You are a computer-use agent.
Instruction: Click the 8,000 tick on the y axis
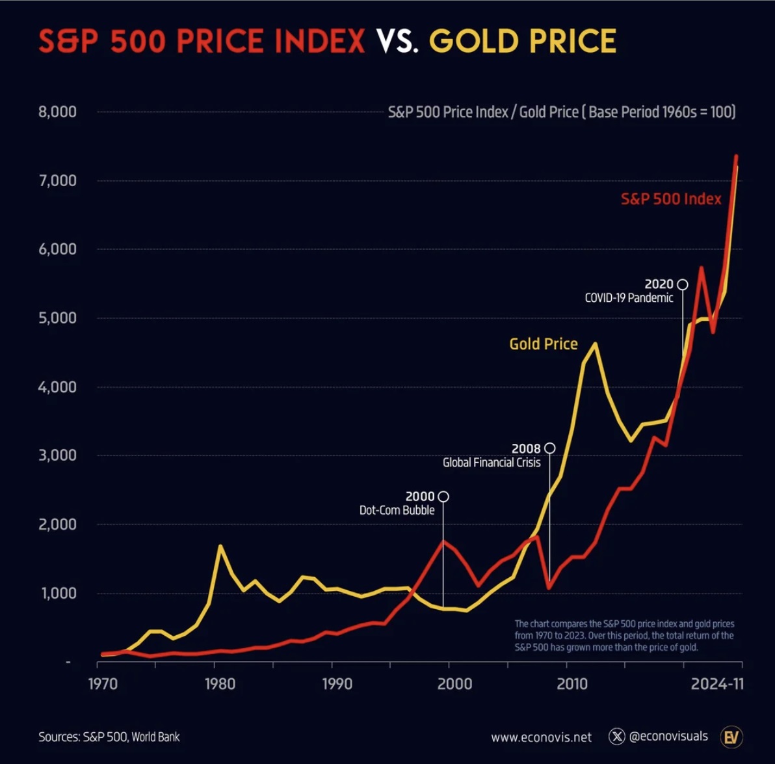(57, 112)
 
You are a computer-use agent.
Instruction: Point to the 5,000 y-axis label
(57, 318)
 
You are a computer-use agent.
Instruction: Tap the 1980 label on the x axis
(220, 684)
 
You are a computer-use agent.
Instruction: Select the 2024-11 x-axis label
(717, 684)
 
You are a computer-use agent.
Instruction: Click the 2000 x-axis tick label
(454, 684)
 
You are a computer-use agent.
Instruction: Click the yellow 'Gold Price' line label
(543, 344)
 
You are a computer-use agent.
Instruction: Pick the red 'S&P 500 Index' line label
(671, 199)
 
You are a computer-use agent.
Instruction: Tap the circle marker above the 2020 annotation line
(682, 284)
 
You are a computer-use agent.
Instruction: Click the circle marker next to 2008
(549, 448)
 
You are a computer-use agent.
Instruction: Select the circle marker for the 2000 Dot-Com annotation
(443, 497)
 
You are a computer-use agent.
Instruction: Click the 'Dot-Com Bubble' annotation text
(397, 510)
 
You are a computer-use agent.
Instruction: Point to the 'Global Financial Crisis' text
(492, 463)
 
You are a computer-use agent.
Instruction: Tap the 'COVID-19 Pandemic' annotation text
(629, 298)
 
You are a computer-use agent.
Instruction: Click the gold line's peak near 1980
(220, 546)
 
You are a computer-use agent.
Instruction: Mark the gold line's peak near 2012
(594, 344)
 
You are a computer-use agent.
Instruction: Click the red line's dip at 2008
(549, 587)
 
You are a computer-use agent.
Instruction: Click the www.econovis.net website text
(541, 737)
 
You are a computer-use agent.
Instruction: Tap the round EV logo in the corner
(731, 737)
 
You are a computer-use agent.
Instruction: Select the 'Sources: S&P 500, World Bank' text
(109, 737)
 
